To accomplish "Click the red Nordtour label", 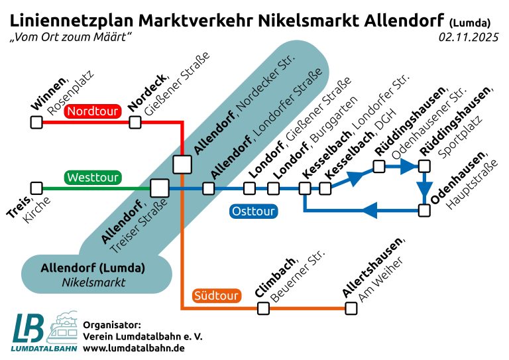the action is (x=93, y=111).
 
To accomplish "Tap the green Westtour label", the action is (x=93, y=178).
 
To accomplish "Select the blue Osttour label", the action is (x=253, y=211).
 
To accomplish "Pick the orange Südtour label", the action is (x=216, y=296).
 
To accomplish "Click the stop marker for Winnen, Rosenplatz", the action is (x=36, y=123).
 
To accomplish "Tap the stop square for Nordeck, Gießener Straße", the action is (x=135, y=123).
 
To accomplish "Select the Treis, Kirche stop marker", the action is (x=36, y=188).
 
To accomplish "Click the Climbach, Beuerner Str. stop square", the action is (x=263, y=308).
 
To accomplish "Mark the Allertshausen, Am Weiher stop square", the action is (x=351, y=308).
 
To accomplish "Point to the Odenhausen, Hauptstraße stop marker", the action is (x=424, y=210).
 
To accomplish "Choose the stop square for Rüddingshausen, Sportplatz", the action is (x=424, y=166).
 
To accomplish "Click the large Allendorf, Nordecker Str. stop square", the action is (x=182, y=164).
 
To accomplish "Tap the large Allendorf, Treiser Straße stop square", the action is (x=160, y=188).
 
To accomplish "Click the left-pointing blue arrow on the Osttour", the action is (x=369, y=210).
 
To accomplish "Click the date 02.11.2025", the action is (x=469, y=37).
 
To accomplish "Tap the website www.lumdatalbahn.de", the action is (x=134, y=348).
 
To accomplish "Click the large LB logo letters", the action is (x=28, y=328).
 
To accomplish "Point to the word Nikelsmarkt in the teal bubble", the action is (x=93, y=282).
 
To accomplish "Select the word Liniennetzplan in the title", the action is (x=72, y=21).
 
